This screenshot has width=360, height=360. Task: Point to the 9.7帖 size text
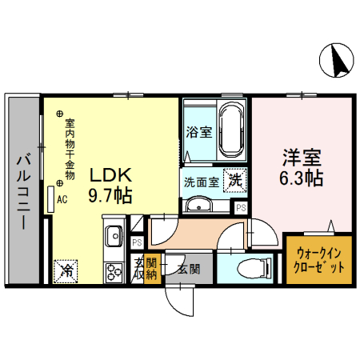[x=110, y=195]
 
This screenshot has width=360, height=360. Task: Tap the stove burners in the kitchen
[x=113, y=270]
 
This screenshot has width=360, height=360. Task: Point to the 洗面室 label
[x=201, y=181]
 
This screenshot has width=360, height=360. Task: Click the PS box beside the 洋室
[x=241, y=207]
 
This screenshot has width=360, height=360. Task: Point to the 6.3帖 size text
[x=301, y=178]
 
